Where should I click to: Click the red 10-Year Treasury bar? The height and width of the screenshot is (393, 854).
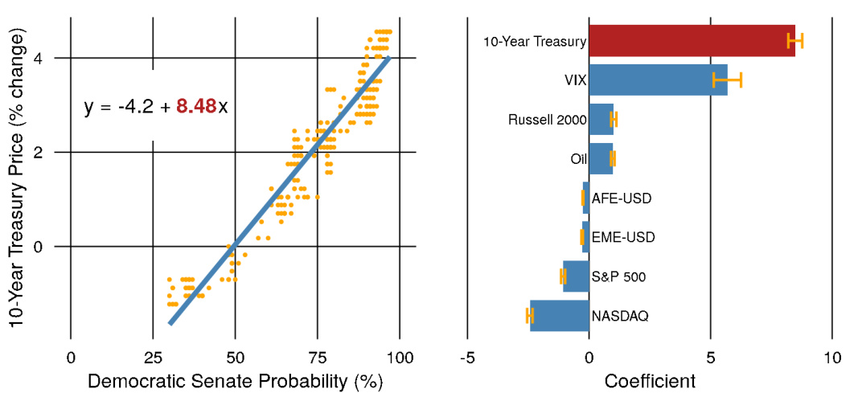(692, 40)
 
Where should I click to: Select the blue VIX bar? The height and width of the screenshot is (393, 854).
(658, 80)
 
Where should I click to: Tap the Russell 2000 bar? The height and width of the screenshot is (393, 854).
(601, 119)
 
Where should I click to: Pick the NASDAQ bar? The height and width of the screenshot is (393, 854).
(560, 315)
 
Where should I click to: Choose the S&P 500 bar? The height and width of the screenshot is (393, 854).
(576, 276)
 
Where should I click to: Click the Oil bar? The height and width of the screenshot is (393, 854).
(601, 158)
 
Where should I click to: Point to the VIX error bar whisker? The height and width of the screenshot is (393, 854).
(727, 80)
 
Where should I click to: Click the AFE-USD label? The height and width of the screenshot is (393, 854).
(622, 198)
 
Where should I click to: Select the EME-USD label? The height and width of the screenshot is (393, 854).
(623, 237)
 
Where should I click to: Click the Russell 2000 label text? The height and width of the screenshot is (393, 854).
(547, 120)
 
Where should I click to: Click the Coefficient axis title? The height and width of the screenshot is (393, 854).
(650, 379)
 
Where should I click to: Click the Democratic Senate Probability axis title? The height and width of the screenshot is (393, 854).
(235, 379)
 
